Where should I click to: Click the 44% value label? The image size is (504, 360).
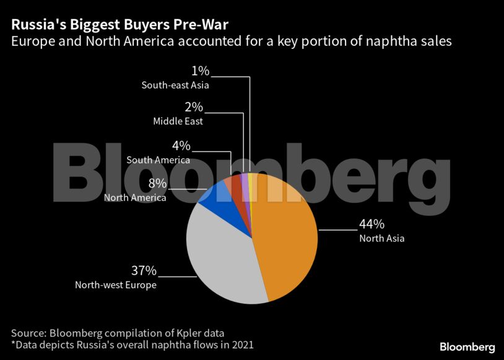(371, 224)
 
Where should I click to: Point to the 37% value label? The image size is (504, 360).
(144, 271)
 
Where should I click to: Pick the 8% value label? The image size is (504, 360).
(157, 183)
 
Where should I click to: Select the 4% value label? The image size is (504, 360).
(181, 146)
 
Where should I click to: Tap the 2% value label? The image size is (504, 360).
(193, 107)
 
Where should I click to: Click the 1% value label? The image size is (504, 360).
(200, 71)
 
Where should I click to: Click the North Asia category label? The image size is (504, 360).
(381, 238)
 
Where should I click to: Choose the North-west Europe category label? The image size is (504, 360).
(116, 285)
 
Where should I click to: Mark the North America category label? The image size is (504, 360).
(135, 198)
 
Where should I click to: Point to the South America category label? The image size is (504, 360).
(158, 160)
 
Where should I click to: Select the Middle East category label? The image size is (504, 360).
(178, 121)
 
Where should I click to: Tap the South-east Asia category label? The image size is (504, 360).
(175, 85)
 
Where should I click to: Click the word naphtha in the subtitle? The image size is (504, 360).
(394, 41)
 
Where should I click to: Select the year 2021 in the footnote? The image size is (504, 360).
(240, 345)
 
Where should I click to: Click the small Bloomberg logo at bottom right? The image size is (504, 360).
(467, 346)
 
